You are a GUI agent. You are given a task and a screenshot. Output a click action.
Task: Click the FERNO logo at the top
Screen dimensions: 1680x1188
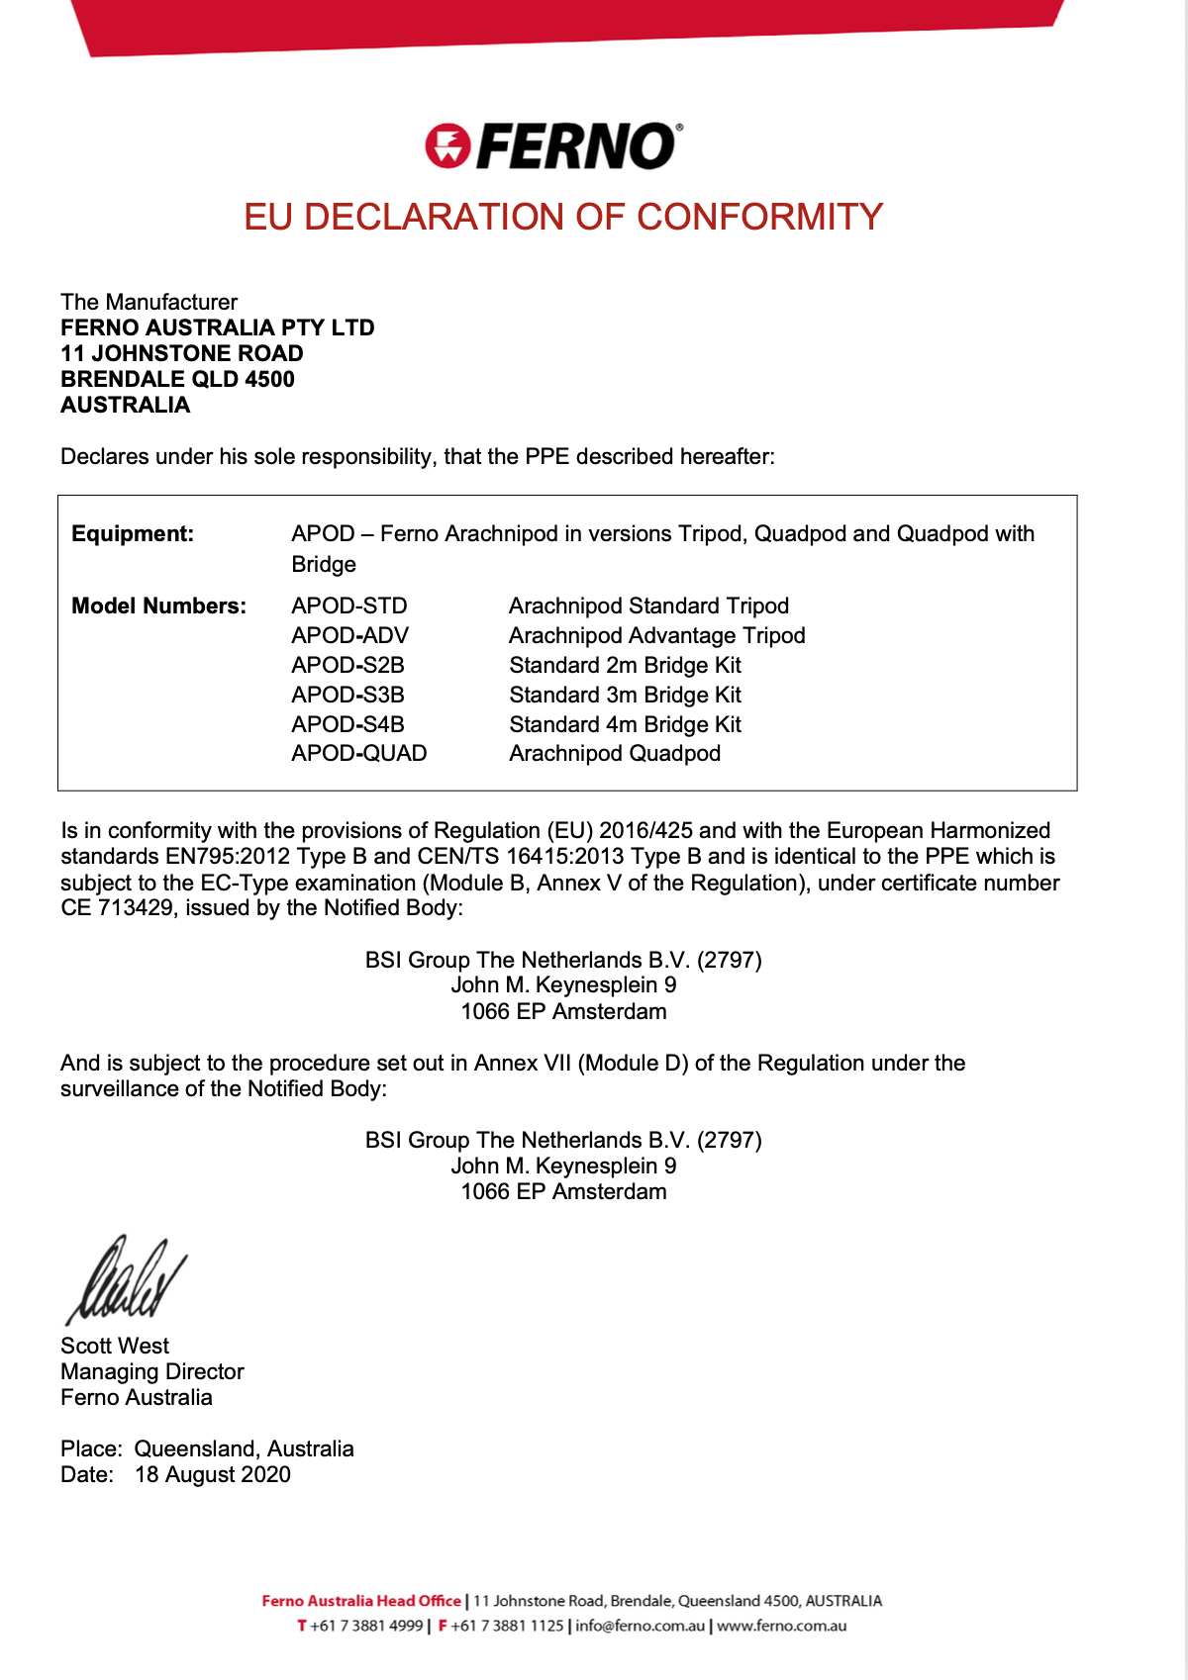coord(553,146)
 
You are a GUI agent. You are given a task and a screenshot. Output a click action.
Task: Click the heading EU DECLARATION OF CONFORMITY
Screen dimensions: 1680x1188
coord(562,217)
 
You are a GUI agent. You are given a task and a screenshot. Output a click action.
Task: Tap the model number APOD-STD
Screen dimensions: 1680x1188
coord(348,606)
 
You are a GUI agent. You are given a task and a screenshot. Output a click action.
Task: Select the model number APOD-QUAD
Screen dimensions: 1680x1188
coord(358,753)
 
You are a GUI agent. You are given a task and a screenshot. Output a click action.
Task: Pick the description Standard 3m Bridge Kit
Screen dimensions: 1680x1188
coord(625,695)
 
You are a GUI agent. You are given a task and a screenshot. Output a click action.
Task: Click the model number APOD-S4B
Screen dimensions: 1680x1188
coord(347,724)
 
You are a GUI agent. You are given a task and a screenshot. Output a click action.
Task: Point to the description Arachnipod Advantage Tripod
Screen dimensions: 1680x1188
coord(656,635)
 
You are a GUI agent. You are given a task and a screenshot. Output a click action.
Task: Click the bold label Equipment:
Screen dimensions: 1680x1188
coord(133,534)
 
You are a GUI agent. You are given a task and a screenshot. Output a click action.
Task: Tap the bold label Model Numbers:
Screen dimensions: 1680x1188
coord(158,606)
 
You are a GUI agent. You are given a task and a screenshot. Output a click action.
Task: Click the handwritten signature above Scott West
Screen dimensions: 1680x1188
coord(125,1280)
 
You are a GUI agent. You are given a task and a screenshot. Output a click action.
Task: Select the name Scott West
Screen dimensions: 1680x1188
coord(115,1346)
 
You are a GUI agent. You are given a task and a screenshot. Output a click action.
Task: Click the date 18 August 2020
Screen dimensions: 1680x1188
coord(213,1474)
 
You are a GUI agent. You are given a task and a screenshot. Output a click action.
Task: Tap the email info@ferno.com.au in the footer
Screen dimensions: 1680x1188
coord(640,1626)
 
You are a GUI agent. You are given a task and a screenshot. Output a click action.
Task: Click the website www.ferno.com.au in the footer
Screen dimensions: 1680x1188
coord(782,1626)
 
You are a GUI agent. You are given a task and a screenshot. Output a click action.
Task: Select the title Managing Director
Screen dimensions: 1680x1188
coord(152,1371)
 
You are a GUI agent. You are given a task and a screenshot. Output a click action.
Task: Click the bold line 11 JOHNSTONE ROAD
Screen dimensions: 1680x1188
coord(182,353)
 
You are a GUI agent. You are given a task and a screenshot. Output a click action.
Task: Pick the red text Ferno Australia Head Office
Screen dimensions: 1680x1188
coord(361,1601)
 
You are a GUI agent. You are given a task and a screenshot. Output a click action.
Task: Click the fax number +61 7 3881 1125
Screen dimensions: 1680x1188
coord(507,1626)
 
